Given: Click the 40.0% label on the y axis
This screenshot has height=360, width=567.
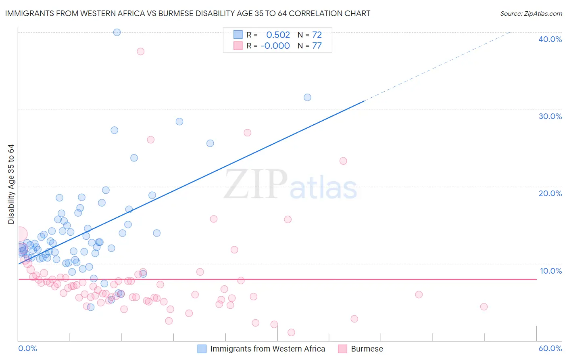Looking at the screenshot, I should coord(550,39).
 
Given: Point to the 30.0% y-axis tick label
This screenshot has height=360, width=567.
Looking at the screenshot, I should coord(550,116).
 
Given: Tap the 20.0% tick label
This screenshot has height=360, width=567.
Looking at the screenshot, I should coord(550,193).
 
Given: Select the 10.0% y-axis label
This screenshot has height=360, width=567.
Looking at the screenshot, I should coord(550,271).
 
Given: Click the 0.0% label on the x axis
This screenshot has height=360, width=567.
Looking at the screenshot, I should coord(27,348).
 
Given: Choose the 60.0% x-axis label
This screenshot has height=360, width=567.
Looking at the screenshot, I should coord(550,348).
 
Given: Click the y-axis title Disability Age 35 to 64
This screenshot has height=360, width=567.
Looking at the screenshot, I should coord(11,184).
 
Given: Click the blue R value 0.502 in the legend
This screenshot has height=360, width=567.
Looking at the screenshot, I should coord(278,35).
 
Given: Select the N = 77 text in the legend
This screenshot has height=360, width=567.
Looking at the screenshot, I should coord(309,46).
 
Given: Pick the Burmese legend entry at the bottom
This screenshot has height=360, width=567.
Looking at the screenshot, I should coord(367,349).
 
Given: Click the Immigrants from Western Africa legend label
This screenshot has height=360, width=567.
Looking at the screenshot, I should coord(267,349).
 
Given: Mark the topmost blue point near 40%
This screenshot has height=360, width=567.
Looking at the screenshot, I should coord(117,32).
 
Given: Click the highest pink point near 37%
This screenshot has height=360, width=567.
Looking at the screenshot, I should coord(141,51).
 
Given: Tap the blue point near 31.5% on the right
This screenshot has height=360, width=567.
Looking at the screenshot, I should coord(307,97).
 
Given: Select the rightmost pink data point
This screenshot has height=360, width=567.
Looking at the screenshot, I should coord(484,307).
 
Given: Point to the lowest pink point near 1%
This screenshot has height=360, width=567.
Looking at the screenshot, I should coord(291,333).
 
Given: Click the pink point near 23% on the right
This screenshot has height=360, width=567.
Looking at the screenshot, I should coord(343,161).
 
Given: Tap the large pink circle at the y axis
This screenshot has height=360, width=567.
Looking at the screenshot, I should coord(20,234).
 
